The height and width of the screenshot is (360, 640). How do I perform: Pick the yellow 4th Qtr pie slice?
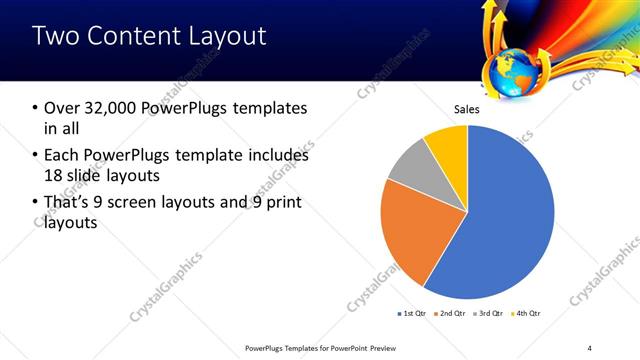[447, 145]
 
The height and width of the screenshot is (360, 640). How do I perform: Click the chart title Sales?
[467, 109]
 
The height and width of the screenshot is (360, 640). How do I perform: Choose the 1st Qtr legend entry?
[411, 314]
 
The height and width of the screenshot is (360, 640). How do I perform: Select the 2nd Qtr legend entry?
[450, 314]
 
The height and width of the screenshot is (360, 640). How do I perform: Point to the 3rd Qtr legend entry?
[489, 314]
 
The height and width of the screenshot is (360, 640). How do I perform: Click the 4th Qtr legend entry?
[527, 314]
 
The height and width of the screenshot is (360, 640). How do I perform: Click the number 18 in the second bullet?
[54, 177]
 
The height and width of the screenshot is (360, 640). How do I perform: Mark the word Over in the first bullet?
[59, 108]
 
